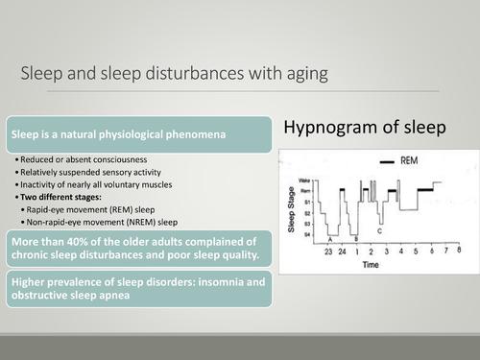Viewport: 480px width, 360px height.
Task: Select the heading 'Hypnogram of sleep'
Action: coord(365,127)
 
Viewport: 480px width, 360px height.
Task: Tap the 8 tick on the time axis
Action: coord(460,251)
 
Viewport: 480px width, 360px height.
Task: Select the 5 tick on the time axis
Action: coord(416,251)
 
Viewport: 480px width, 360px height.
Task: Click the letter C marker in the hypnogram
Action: coord(380,231)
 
